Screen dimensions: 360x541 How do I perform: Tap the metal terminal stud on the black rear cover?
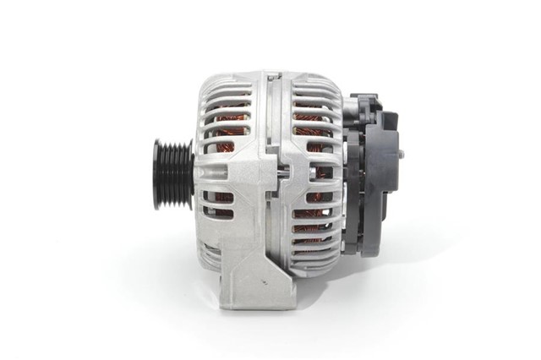pyautogui.click(x=401, y=155)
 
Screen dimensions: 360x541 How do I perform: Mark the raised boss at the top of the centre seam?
pyautogui.click(x=272, y=77)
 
